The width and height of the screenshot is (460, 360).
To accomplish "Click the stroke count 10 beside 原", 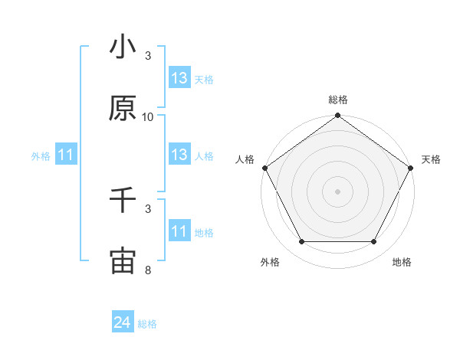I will [148, 117].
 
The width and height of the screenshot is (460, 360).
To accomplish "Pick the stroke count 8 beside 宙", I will [148, 270].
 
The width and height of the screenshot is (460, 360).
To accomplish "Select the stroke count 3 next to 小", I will [148, 56].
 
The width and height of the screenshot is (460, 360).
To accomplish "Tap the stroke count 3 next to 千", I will [148, 209].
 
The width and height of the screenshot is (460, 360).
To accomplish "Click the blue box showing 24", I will [122, 323].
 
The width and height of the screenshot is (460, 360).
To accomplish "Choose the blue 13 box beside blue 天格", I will [179, 78].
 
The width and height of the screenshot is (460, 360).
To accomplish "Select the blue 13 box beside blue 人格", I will [179, 155].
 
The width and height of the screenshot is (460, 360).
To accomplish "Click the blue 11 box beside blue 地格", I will [179, 231].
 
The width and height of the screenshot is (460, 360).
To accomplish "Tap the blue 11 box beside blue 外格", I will [65, 155].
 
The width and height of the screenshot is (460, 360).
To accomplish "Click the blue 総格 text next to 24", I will [147, 324].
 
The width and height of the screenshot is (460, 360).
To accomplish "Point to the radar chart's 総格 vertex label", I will [337, 100].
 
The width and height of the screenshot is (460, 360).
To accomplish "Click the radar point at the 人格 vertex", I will [264, 168].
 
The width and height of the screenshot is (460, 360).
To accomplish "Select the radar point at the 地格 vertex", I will [374, 242].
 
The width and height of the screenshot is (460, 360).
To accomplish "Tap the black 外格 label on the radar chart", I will [270, 262].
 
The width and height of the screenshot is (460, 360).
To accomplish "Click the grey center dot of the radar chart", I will [337, 191].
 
